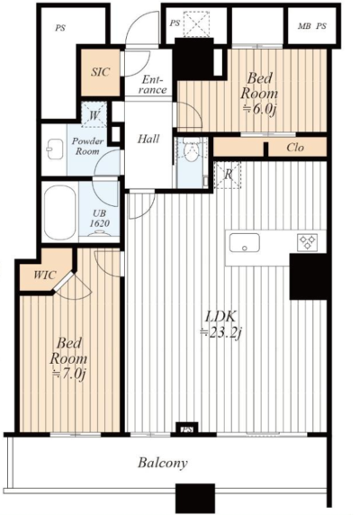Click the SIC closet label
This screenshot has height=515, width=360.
click(100, 72)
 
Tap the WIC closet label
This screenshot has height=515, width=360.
click(45, 275)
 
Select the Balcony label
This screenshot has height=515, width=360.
click(163, 463)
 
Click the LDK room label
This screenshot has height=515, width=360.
click(220, 317)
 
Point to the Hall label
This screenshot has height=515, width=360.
click(148, 139)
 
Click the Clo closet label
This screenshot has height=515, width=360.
click(295, 148)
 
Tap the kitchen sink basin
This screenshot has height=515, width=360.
click(244, 243)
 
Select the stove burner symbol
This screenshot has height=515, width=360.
click(307, 242)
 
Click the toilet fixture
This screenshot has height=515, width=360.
click(191, 149)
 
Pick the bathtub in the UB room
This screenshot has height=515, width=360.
click(59, 212)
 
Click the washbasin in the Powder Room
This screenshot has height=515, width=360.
click(53, 149)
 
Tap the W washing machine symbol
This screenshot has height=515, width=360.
click(94, 115)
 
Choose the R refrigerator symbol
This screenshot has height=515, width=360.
click(228, 175)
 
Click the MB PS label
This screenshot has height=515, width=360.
click(312, 26)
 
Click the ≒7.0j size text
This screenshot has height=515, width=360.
click(69, 375)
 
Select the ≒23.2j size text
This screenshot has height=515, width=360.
click(221, 333)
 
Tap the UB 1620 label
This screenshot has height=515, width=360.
click(100, 218)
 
